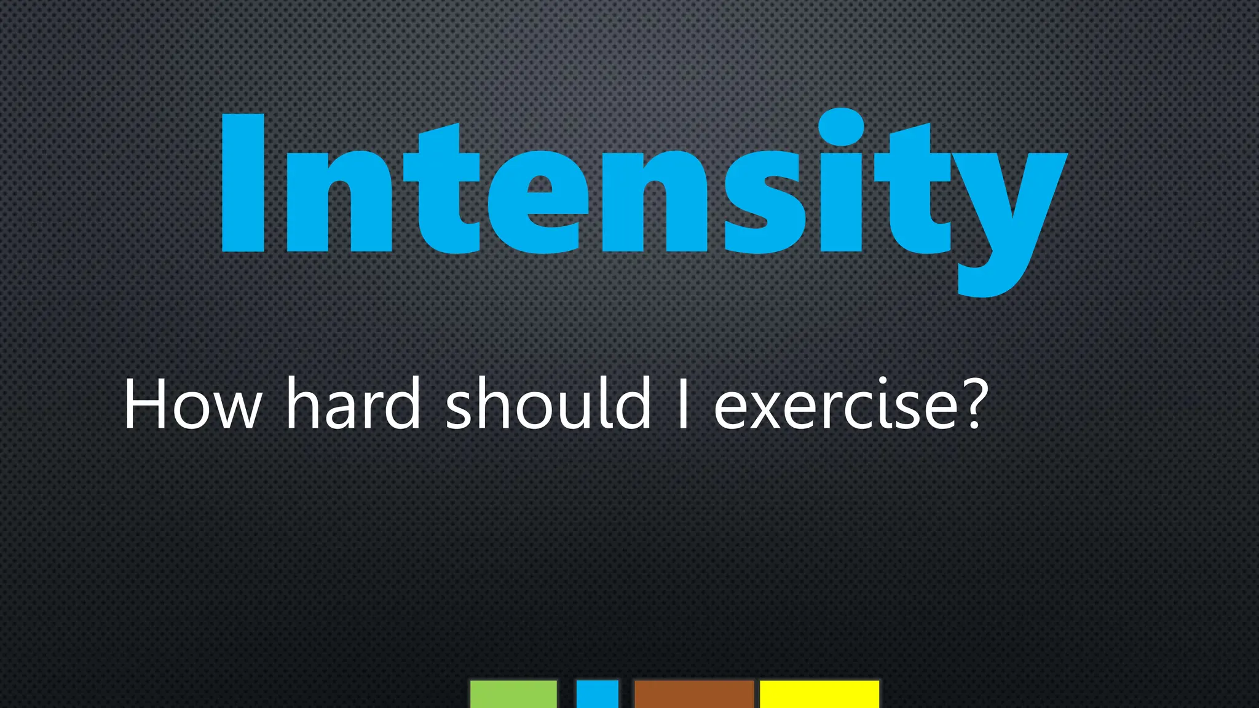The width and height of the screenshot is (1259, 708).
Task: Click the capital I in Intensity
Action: pos(243,183)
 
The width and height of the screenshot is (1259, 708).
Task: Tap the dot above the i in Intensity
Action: pos(841,127)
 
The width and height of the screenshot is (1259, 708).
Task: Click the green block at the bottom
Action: pos(513,694)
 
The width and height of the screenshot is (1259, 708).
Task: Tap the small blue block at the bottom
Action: pos(597,694)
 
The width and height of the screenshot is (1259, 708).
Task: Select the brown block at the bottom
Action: pos(694,694)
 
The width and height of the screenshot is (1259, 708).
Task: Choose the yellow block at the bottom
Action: pos(819,694)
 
